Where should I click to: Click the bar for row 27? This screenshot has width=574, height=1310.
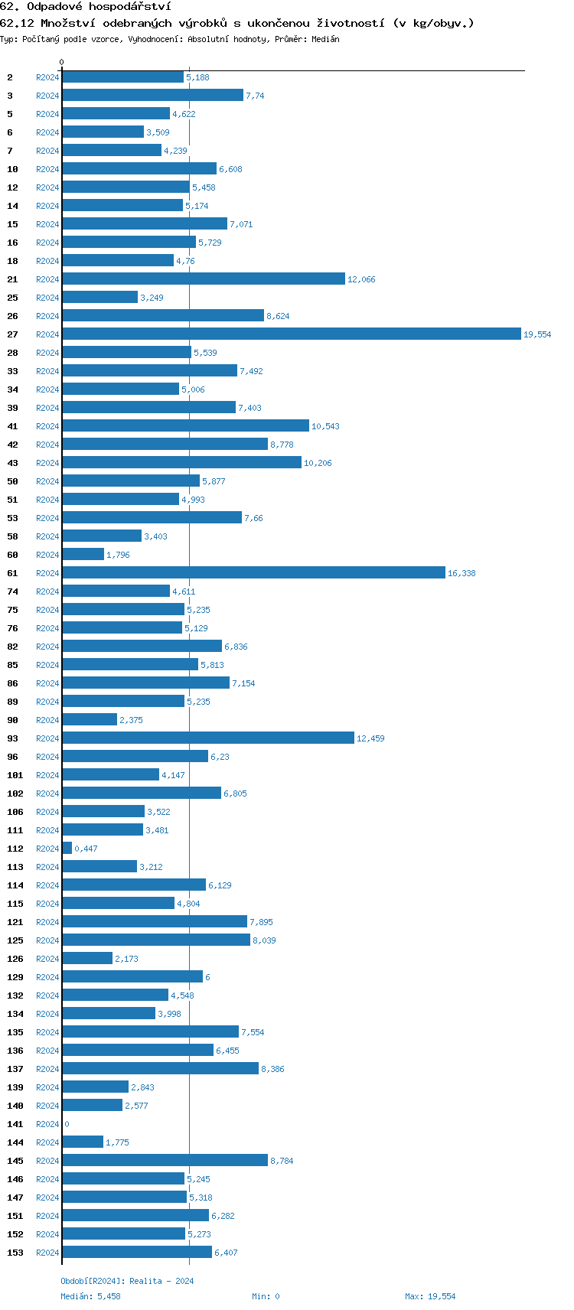click(291, 334)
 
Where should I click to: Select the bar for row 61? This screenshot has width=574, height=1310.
click(253, 572)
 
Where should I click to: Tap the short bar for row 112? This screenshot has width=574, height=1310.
click(67, 848)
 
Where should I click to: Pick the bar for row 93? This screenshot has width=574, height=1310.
click(208, 738)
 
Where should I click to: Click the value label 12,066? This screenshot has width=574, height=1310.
click(361, 279)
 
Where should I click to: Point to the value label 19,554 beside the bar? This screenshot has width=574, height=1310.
click(536, 334)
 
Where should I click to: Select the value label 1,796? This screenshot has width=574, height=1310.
click(118, 555)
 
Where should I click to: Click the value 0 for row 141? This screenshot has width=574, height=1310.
click(67, 1124)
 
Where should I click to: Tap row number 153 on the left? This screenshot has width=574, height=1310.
click(15, 1253)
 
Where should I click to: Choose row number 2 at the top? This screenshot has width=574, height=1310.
click(10, 77)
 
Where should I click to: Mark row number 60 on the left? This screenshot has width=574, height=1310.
click(12, 555)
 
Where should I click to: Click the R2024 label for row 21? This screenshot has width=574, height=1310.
click(47, 279)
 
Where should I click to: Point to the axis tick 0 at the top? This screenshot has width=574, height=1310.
click(62, 62)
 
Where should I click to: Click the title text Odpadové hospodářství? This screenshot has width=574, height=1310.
click(98, 7)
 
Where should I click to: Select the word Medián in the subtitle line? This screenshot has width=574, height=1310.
click(325, 39)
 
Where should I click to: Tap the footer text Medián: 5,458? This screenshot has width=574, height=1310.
click(90, 1296)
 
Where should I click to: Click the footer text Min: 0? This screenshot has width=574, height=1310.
click(266, 1296)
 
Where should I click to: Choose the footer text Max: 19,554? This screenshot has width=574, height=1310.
click(430, 1296)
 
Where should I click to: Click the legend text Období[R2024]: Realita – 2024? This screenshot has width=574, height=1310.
click(127, 1281)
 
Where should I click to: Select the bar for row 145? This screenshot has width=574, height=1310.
click(165, 1160)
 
